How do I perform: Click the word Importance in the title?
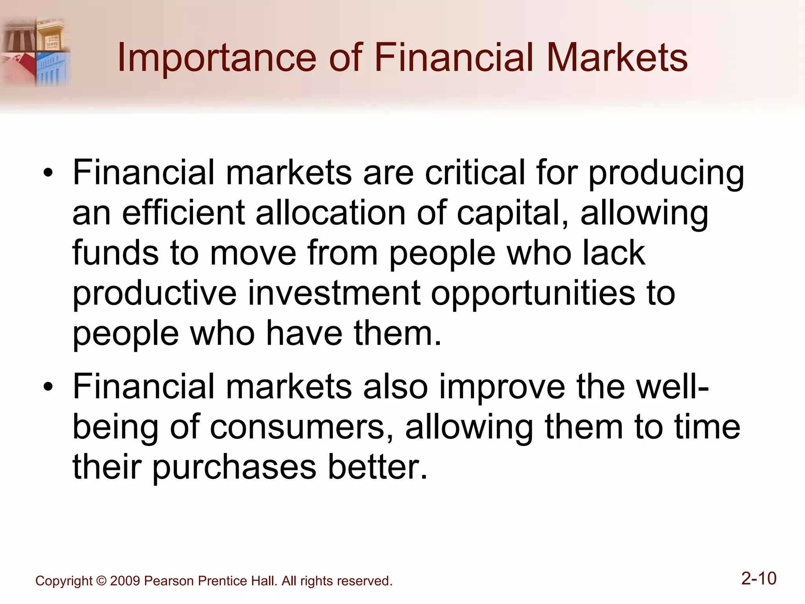(x=217, y=58)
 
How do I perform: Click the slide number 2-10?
(x=759, y=578)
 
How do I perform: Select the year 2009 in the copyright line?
(x=125, y=581)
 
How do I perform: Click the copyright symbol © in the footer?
(x=101, y=581)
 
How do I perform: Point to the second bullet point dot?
(x=48, y=387)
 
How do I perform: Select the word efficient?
(x=184, y=213)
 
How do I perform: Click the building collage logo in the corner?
(x=35, y=51)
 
